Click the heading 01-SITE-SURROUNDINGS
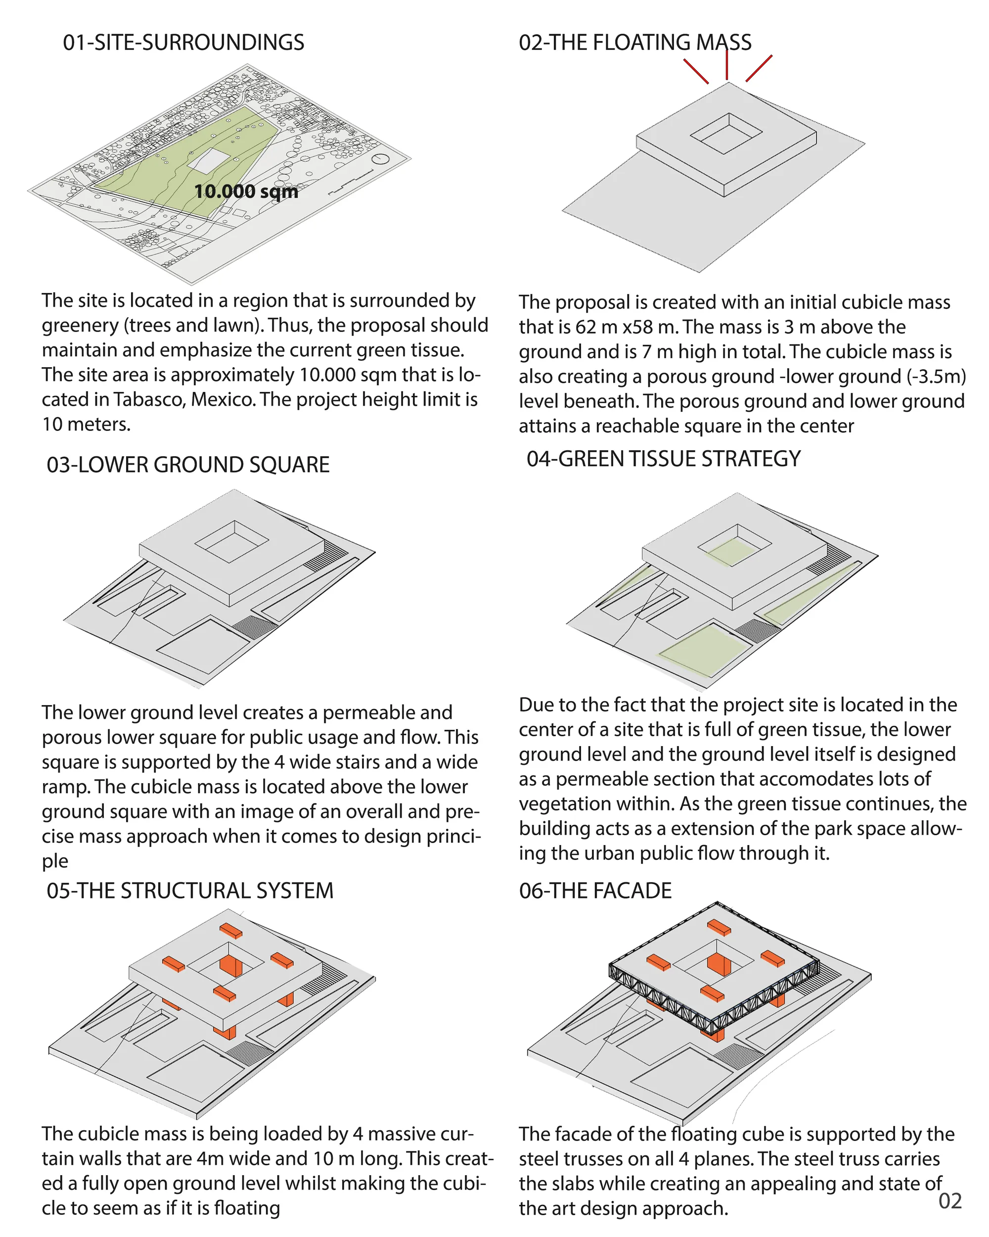pyautogui.click(x=183, y=43)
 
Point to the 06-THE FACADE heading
pyautogui.click(x=595, y=891)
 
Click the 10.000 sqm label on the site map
pyautogui.click(x=246, y=191)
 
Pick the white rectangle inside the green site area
pyautogui.click(x=208, y=161)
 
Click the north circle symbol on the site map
pyautogui.click(x=381, y=159)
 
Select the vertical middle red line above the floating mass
pyautogui.click(x=727, y=64)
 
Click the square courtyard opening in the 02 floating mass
pyautogui.click(x=726, y=134)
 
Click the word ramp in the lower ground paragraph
pyautogui.click(x=64, y=787)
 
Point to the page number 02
pyautogui.click(x=950, y=1201)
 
